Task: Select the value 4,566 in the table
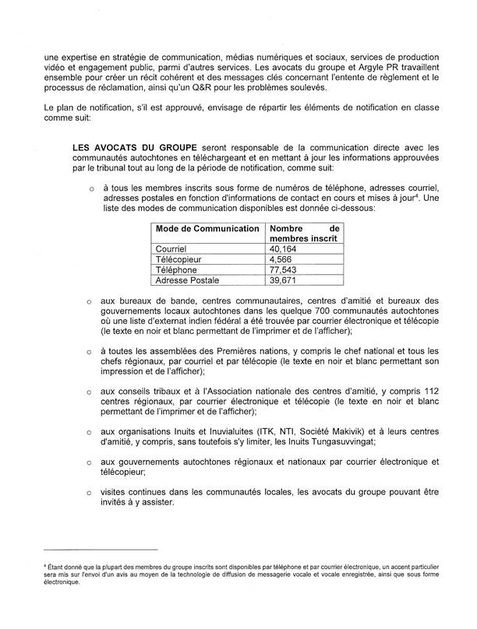[281, 259]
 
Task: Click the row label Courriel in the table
[171, 249]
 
